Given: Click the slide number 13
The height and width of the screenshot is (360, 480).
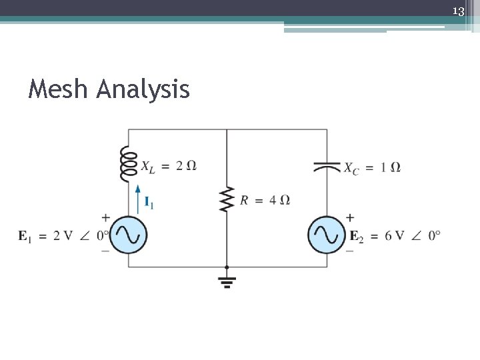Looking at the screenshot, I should [x=458, y=11].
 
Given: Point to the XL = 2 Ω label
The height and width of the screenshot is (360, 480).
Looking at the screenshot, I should [x=169, y=166].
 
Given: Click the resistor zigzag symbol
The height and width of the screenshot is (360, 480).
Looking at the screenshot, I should [x=227, y=199].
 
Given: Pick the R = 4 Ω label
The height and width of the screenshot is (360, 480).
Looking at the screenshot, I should [x=265, y=200].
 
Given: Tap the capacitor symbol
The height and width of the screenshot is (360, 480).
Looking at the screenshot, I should [x=327, y=167].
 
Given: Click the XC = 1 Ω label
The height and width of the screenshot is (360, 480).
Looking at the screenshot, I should [x=372, y=167].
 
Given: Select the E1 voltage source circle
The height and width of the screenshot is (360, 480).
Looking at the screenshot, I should [x=128, y=235].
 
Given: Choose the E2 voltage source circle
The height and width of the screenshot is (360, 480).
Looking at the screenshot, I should [x=327, y=235].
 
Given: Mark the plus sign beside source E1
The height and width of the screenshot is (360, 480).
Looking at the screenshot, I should [x=106, y=217].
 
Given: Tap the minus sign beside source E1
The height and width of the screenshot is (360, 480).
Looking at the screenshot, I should [x=106, y=251].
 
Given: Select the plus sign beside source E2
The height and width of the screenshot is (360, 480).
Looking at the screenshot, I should [x=350, y=217].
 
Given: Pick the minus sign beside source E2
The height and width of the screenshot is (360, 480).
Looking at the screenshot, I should [x=350, y=251].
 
